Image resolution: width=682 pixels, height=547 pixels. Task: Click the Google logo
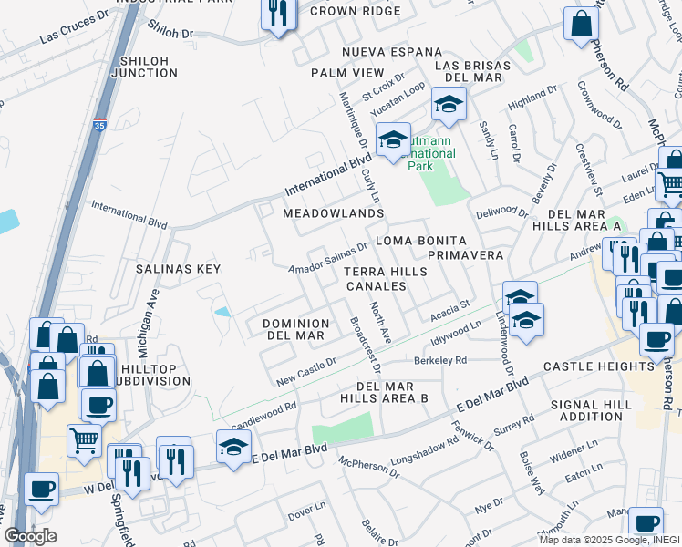point(30,536)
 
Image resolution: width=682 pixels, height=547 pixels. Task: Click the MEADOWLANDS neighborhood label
point(333,213)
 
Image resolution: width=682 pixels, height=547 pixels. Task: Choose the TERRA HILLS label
point(385,273)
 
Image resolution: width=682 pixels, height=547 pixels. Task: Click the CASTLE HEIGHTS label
point(599,366)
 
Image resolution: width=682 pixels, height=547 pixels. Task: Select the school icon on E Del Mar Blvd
point(233,447)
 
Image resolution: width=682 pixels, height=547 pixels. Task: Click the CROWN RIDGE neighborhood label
point(354,11)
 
